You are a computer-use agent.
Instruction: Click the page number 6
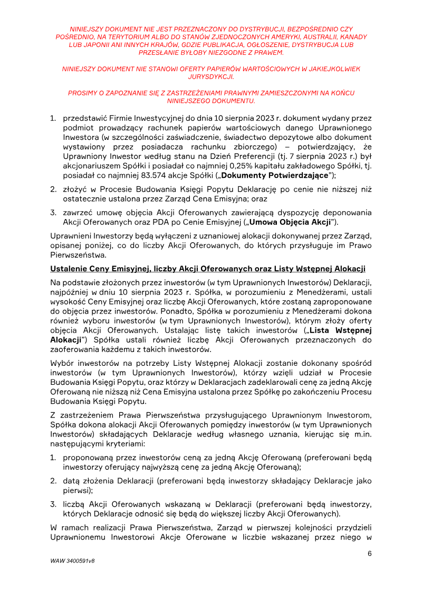pos(370,553)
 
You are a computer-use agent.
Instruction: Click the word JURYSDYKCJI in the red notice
pos(210,77)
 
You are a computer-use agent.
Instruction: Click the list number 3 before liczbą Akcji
pos(53,504)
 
